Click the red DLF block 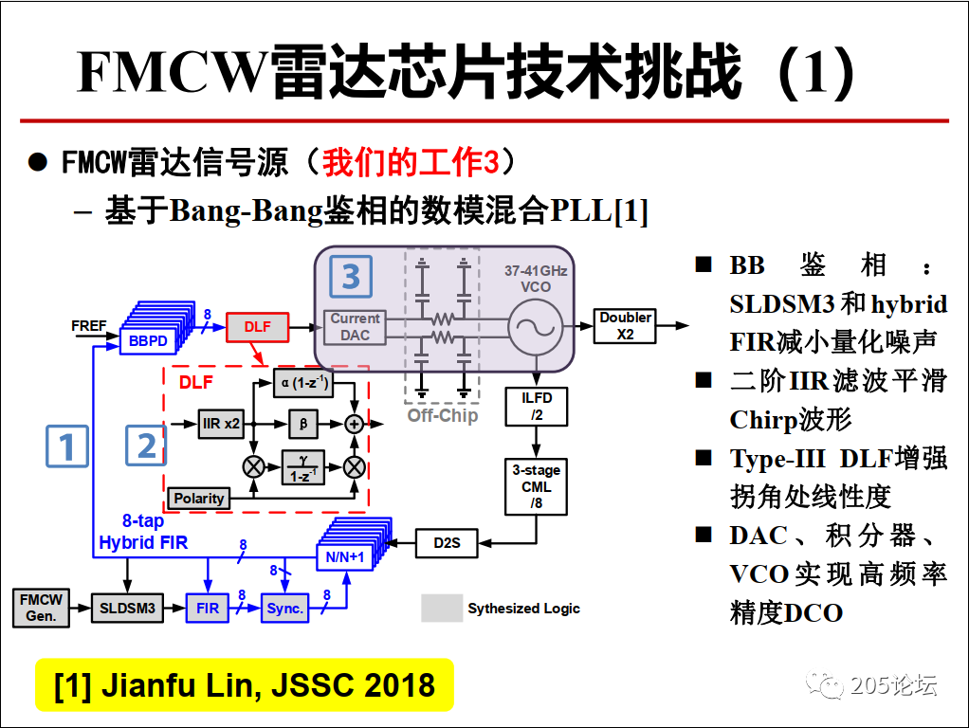(257, 327)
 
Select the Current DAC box (356, 327)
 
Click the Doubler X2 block (625, 326)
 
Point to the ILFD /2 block (537, 406)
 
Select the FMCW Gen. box (42, 608)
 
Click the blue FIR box (208, 608)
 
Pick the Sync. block (285, 608)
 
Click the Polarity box (199, 498)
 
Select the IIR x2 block (222, 424)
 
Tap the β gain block (303, 424)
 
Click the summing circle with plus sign (355, 425)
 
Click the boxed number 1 (67, 446)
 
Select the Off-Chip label (442, 415)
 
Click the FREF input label (89, 325)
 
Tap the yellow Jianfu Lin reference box (245, 684)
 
